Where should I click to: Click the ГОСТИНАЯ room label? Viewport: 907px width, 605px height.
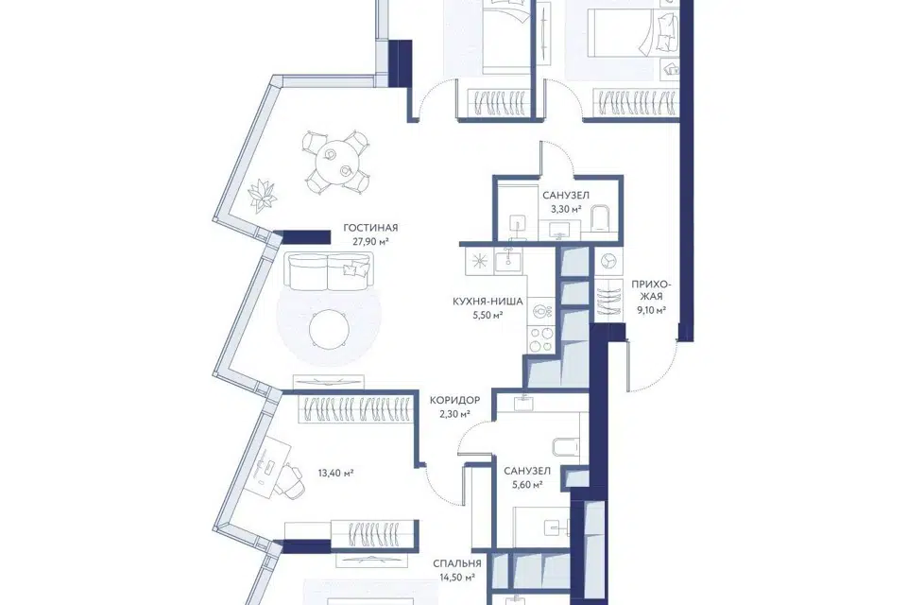pos(370,228)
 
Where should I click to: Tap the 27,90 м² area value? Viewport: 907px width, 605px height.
pos(370,241)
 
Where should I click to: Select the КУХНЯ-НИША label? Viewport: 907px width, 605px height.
pos(488,302)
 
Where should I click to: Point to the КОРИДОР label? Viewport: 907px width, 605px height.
pos(454,400)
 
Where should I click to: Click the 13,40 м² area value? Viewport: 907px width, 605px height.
pos(335,473)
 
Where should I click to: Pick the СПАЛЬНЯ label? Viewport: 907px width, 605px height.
pos(457,563)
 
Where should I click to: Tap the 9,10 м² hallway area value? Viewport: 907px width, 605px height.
pos(651,310)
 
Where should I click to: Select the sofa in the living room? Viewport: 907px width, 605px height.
pos(328,271)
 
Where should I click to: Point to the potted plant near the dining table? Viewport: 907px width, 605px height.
pos(262,194)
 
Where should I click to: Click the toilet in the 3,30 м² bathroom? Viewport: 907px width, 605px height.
pos(599,218)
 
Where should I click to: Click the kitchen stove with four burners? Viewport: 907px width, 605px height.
pos(542,339)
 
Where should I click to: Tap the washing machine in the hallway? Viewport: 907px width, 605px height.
pos(608,262)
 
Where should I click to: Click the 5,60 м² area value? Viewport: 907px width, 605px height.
pos(527,485)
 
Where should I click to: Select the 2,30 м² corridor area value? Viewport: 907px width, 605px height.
pos(454,414)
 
